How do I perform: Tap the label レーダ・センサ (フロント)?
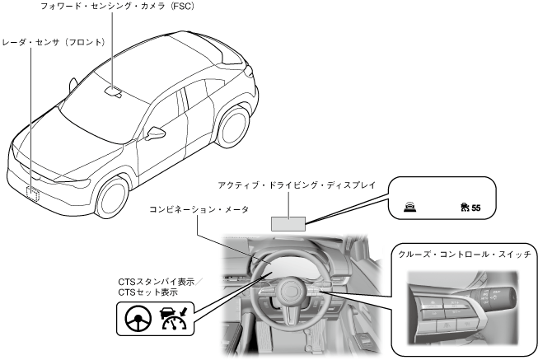click(x=54, y=41)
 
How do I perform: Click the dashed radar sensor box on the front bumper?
click(x=34, y=192)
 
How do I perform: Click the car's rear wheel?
click(x=235, y=129)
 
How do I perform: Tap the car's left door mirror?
click(x=156, y=133)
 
